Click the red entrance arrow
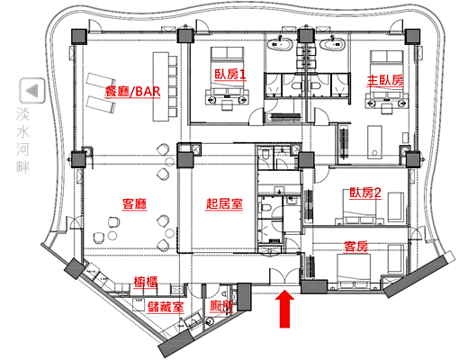point(284,309)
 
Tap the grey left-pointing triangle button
point(32,91)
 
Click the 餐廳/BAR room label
point(133,91)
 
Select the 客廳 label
point(134,204)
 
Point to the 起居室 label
point(224,204)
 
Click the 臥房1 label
point(230,74)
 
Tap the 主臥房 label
point(385,80)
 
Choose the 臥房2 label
point(365,193)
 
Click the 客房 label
point(355,247)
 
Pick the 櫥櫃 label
point(146,282)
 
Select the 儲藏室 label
point(166,307)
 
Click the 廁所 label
point(221,306)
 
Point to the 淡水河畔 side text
point(23,139)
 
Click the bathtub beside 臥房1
point(281,44)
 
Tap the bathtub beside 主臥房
point(333,44)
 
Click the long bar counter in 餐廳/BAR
point(161,86)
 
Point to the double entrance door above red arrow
point(284,275)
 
